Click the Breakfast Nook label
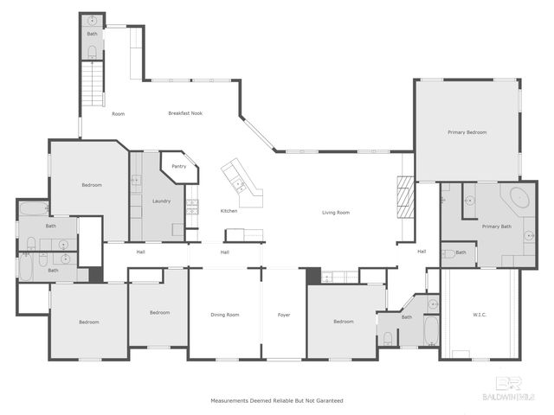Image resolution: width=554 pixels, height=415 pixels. (x=185, y=113)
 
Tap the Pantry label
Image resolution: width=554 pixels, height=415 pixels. (x=179, y=166)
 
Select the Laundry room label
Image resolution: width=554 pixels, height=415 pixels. (x=161, y=201)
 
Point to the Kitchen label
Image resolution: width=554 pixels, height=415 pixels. (x=229, y=211)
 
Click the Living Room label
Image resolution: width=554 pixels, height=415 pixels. (x=336, y=212)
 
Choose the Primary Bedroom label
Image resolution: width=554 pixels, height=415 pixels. (x=467, y=132)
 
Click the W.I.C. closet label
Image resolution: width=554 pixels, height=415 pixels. (x=480, y=315)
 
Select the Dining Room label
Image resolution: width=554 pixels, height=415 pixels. (x=225, y=315)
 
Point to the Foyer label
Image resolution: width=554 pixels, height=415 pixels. (x=284, y=315)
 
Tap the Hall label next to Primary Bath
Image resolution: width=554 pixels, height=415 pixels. (x=422, y=252)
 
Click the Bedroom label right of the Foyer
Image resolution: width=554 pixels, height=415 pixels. (x=344, y=322)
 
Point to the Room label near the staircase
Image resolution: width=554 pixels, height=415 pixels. (x=119, y=114)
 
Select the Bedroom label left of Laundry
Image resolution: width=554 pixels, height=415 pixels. (x=92, y=185)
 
